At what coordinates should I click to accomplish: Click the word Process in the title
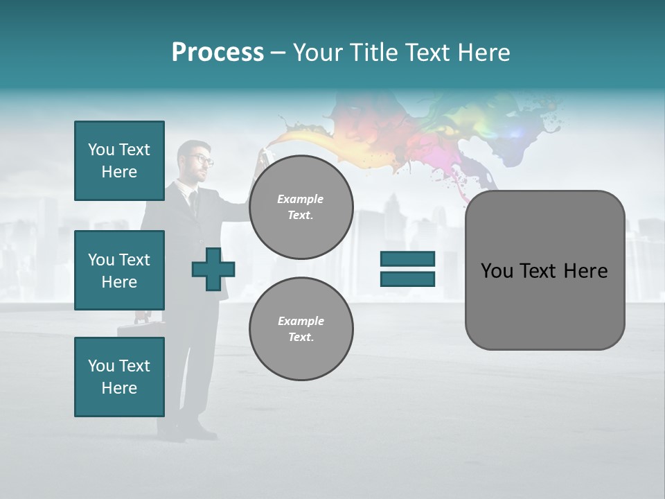pyautogui.click(x=218, y=52)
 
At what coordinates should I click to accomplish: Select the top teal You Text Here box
pyautogui.click(x=119, y=161)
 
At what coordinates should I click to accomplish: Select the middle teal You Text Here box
pyautogui.click(x=119, y=270)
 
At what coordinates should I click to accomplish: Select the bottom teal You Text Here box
pyautogui.click(x=119, y=377)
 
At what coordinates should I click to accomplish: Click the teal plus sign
pyautogui.click(x=213, y=269)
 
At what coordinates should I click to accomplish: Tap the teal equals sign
pyautogui.click(x=407, y=269)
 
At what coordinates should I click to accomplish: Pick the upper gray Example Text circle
pyautogui.click(x=301, y=207)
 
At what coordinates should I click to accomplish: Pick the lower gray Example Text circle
pyautogui.click(x=301, y=329)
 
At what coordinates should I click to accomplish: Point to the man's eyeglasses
pyautogui.click(x=201, y=159)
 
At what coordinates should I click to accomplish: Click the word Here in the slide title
pyautogui.click(x=482, y=52)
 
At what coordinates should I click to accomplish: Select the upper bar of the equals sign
pyautogui.click(x=407, y=259)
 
